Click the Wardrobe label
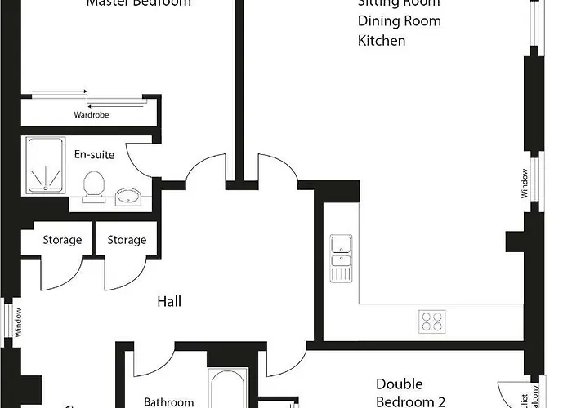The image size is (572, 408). coord(91,115)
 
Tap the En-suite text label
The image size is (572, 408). coord(94,154)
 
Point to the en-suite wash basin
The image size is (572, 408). coord(127,196)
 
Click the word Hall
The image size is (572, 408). coord(169,302)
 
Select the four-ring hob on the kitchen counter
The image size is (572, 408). coord(433,322)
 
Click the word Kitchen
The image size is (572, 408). coord(381,40)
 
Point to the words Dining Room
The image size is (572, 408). coord(399,21)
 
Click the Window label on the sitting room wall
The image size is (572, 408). coord(525,184)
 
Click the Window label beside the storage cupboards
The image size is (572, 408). coord(18,322)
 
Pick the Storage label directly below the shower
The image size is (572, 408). coord(62,240)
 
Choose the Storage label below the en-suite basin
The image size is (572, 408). coord(127,240)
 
